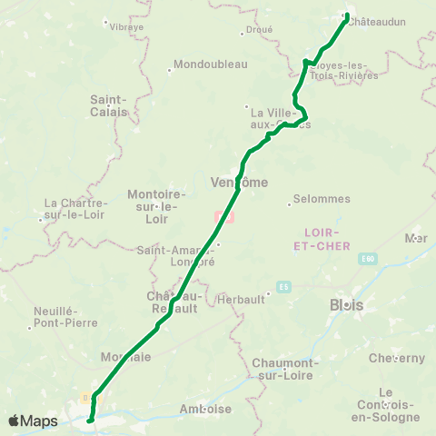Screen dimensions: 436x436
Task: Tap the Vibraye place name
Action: [126, 27]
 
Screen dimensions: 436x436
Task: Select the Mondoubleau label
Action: [208, 64]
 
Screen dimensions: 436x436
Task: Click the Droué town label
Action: [258, 30]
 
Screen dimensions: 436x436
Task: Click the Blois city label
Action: [347, 305]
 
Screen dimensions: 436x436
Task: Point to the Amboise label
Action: [206, 409]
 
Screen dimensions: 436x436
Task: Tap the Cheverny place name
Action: [396, 358]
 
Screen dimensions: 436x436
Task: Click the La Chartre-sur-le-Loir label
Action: [75, 208]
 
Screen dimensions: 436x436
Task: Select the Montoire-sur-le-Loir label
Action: [156, 206]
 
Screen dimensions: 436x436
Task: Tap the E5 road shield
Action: [284, 287]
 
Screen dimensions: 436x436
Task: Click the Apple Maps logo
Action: [32, 421]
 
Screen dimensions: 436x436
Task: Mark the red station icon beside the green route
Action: [223, 218]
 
